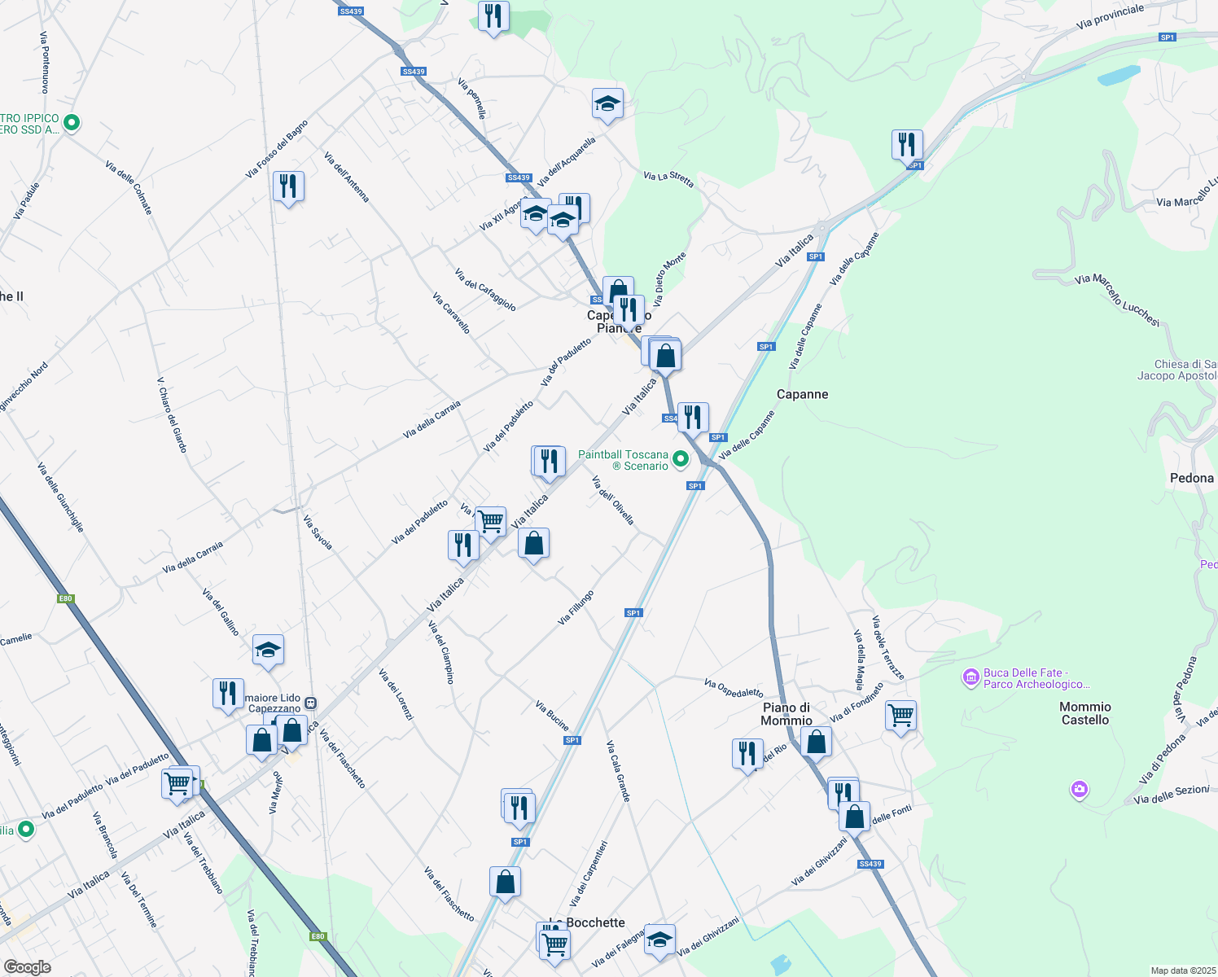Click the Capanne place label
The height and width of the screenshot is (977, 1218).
point(802,394)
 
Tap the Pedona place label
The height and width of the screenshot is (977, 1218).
point(1192,478)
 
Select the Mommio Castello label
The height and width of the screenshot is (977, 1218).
point(1085,713)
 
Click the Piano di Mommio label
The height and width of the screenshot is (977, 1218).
point(786,714)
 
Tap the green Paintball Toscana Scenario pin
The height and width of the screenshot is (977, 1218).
point(681,460)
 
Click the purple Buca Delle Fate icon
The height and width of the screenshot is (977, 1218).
point(970,677)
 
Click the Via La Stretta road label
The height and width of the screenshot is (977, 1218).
point(668,179)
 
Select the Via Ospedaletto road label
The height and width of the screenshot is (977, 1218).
point(734,689)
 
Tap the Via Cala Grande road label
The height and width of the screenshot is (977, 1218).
point(618,771)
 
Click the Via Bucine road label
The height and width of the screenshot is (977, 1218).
point(552,715)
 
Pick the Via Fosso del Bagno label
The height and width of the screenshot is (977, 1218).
point(277,150)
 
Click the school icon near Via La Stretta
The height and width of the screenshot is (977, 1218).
point(607,104)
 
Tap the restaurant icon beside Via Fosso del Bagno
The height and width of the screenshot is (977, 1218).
point(288,186)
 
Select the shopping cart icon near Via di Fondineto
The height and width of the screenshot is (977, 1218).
point(900,716)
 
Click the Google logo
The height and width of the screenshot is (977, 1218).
point(27,967)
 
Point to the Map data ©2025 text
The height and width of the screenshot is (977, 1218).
point(1182,970)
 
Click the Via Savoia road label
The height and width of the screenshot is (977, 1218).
point(318,532)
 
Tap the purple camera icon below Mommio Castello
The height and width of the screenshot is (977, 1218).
point(1080,789)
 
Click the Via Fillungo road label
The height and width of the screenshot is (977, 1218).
point(576,608)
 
